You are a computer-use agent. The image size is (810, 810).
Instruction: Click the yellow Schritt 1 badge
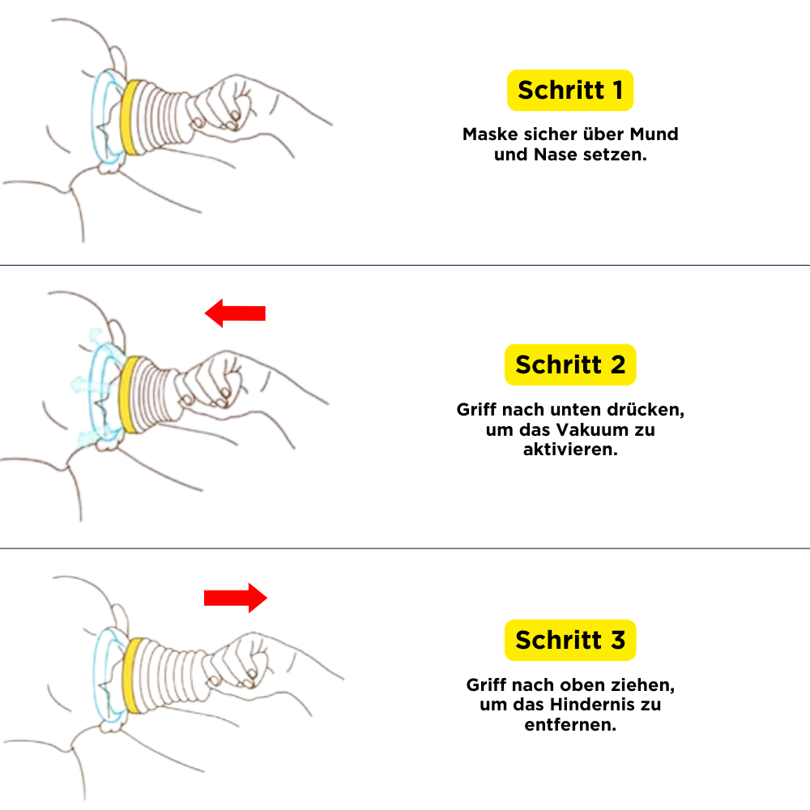pyautogui.click(x=569, y=91)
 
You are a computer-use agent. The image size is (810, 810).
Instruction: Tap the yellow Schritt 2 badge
pyautogui.click(x=569, y=364)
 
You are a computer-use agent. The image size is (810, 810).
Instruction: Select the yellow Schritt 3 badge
pyautogui.click(x=569, y=640)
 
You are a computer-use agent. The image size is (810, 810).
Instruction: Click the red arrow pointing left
pyautogui.click(x=235, y=313)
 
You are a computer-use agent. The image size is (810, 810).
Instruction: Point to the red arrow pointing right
pyautogui.click(x=236, y=598)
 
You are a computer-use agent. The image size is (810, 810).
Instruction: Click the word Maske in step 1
pyautogui.click(x=490, y=134)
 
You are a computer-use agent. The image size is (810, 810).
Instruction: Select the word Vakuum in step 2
pyautogui.click(x=592, y=429)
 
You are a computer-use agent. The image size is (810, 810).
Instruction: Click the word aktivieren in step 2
pyautogui.click(x=569, y=450)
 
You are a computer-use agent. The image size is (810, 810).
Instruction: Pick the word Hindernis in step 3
pyautogui.click(x=592, y=705)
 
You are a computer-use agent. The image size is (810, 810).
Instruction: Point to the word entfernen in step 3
pyautogui.click(x=569, y=725)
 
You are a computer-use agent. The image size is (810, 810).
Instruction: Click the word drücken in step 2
pyautogui.click(x=646, y=410)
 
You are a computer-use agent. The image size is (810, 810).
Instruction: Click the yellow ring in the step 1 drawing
pyautogui.click(x=130, y=117)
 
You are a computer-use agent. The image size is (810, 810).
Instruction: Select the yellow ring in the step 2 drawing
pyautogui.click(x=128, y=394)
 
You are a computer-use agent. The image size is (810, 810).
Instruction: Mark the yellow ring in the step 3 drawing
pyautogui.click(x=133, y=676)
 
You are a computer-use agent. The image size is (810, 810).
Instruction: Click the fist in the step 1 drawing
pyautogui.click(x=224, y=104)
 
